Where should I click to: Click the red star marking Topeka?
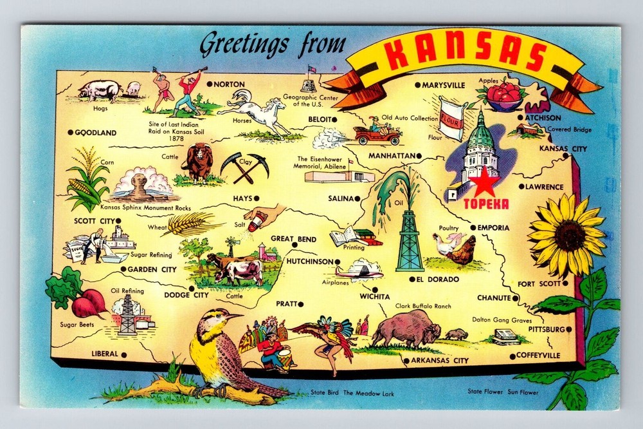click(485, 186)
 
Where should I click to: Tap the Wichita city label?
click(375, 296)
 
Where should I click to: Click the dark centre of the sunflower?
click(569, 235)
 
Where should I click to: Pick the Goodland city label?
click(96, 133)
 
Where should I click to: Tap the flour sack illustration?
click(452, 117)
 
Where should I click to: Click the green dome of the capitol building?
click(481, 134)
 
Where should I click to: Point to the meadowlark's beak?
click(235, 316)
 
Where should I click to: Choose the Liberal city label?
click(105, 354)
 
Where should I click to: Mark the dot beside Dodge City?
click(192, 288)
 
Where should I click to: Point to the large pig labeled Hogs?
click(100, 90)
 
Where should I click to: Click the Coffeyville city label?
click(539, 355)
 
